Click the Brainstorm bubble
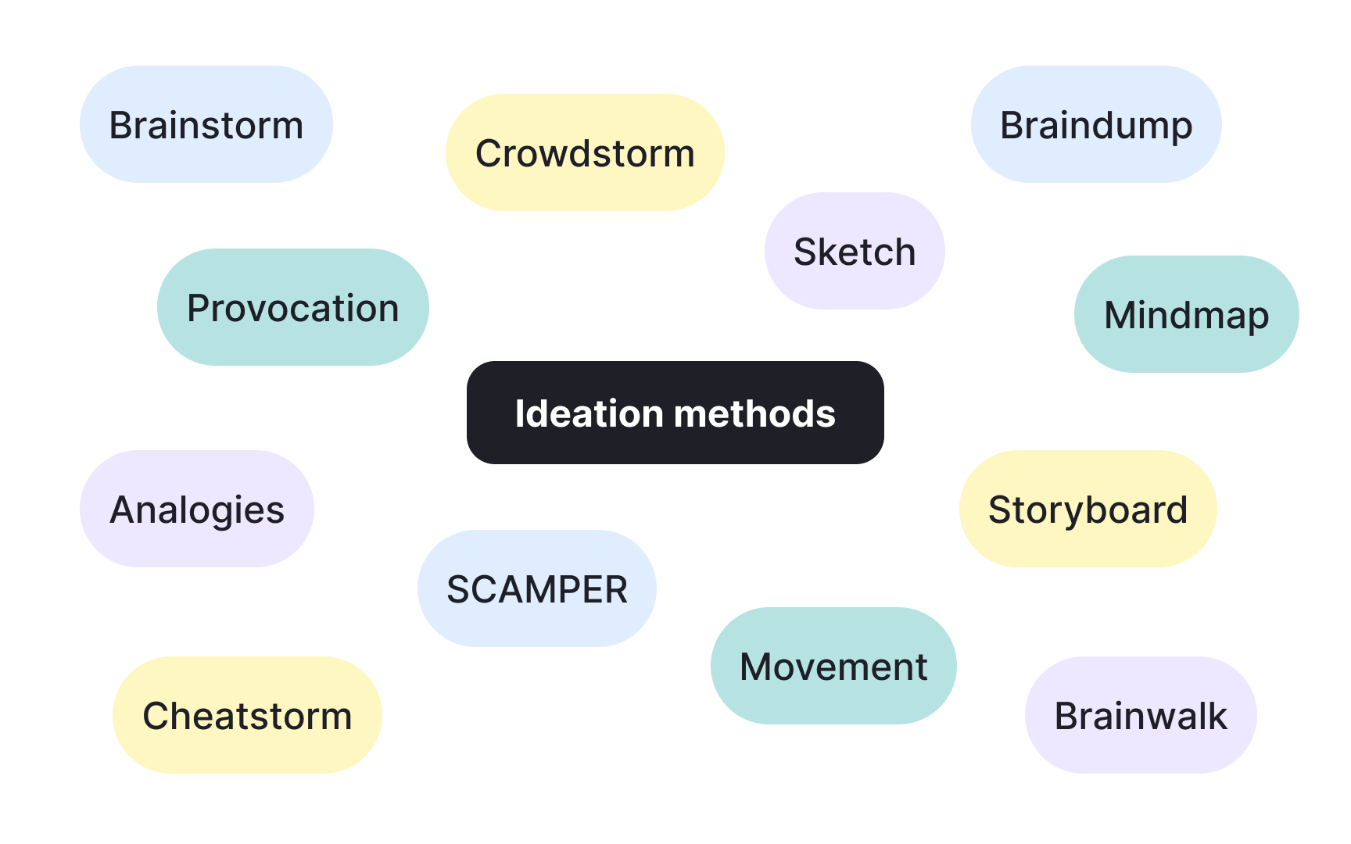(206, 125)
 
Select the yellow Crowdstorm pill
(585, 152)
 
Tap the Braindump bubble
(1096, 125)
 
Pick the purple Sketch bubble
(855, 251)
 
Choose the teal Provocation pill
(292, 307)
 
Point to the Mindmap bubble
(1186, 314)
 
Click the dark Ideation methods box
(675, 413)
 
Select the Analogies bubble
(197, 509)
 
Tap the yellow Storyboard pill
(1088, 509)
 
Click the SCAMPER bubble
(536, 588)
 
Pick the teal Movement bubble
(833, 666)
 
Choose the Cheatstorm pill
(247, 715)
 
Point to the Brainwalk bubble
(1141, 715)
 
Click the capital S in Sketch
(805, 252)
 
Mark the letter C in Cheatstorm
(157, 716)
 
